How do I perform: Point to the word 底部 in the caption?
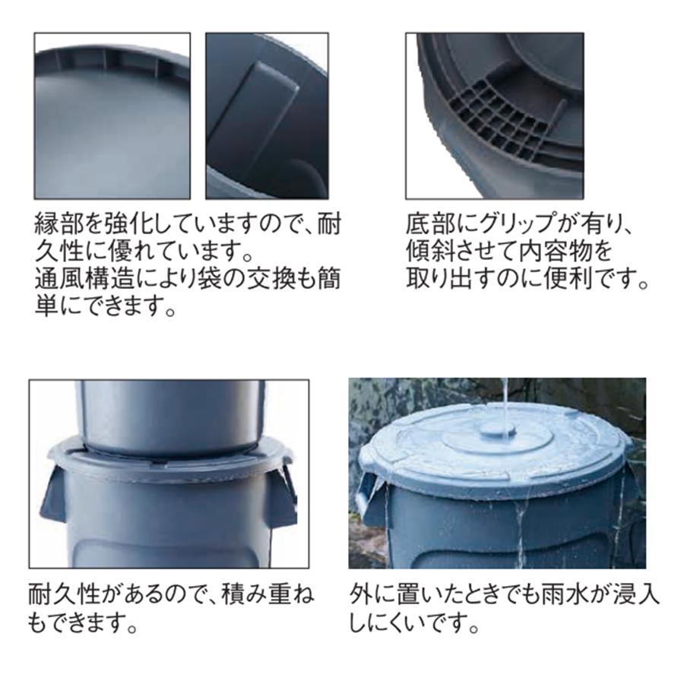(428, 225)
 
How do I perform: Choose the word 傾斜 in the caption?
(428, 252)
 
